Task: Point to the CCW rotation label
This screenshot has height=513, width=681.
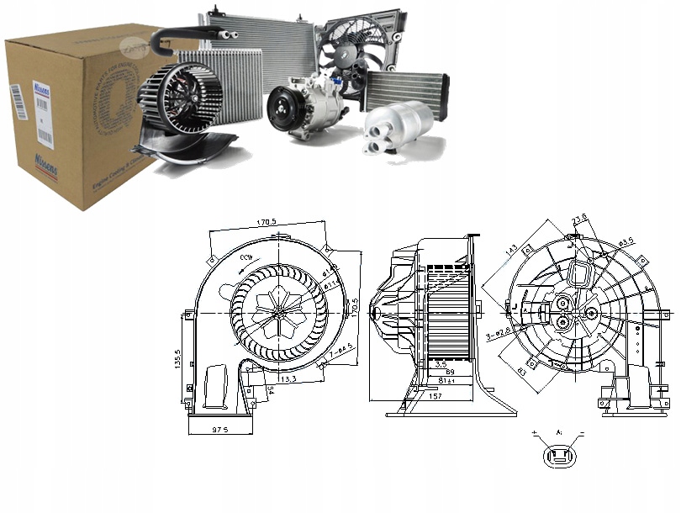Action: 245,256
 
